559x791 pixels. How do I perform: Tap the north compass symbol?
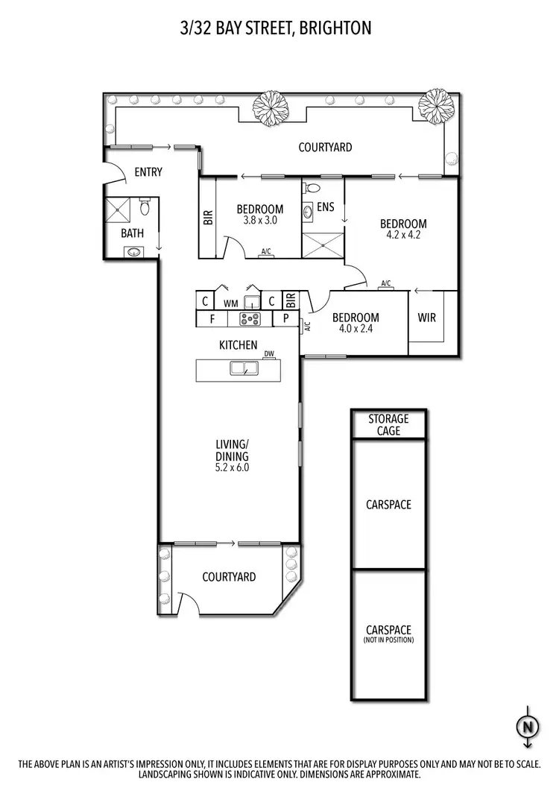coord(527,725)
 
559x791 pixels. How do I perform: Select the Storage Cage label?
coord(388,425)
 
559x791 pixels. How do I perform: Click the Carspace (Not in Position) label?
coord(388,634)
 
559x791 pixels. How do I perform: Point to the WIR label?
coord(426,318)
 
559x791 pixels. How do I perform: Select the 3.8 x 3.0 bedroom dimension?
coord(259,221)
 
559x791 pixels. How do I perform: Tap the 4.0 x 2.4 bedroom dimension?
coord(355,328)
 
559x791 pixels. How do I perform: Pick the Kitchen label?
coord(239,345)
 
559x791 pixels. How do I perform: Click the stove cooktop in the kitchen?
coord(249,318)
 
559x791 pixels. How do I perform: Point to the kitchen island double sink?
coord(241,368)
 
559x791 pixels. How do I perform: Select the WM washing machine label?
coord(230,303)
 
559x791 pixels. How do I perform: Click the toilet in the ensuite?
coord(313,187)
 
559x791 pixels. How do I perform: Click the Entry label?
coord(148,172)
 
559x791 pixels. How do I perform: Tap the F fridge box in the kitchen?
coord(212,318)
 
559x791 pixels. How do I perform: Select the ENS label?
coord(326,207)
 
